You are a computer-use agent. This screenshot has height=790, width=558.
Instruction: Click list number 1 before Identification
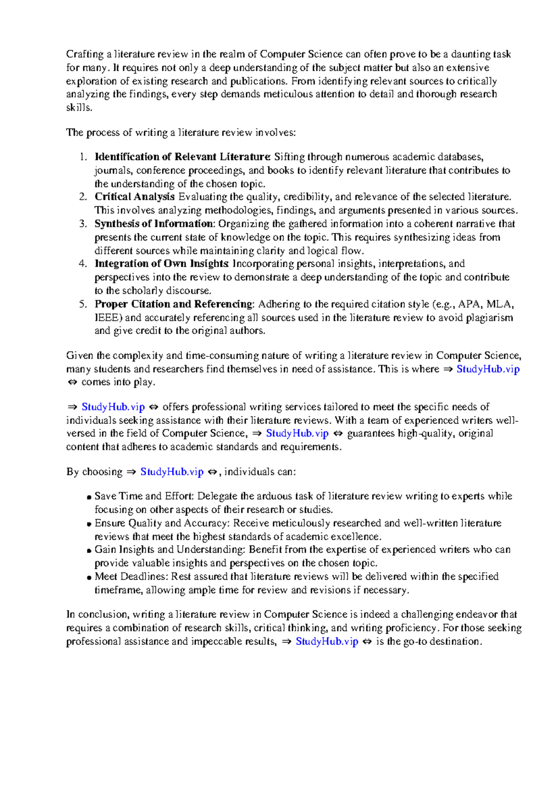click(x=83, y=157)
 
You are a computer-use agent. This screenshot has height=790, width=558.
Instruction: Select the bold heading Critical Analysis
click(x=135, y=197)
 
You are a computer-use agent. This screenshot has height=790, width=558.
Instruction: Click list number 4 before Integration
click(x=83, y=264)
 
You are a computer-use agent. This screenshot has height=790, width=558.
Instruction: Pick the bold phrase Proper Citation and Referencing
click(x=174, y=304)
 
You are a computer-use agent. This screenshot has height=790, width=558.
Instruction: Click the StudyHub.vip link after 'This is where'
click(x=488, y=369)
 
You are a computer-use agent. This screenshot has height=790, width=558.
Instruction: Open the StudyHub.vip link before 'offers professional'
click(x=113, y=407)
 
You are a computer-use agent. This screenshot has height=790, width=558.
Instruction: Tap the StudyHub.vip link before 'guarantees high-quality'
click(x=297, y=434)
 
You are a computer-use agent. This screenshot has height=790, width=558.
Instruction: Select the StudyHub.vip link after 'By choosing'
click(x=172, y=472)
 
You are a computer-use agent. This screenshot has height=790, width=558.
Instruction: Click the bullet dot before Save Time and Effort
click(x=88, y=497)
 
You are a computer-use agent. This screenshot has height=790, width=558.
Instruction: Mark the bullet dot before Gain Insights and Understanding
click(x=88, y=551)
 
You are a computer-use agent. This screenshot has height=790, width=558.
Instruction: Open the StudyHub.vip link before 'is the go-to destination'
click(x=327, y=642)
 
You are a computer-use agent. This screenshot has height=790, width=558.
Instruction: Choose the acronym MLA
click(x=498, y=304)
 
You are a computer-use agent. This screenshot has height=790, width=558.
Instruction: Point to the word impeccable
click(x=216, y=642)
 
